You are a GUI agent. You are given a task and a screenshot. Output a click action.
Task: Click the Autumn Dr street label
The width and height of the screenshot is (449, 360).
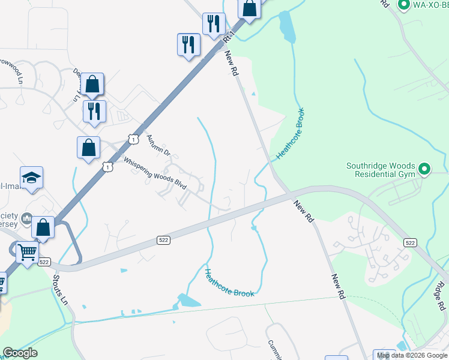158,144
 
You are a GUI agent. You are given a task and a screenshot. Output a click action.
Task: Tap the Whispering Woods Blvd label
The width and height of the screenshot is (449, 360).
155,173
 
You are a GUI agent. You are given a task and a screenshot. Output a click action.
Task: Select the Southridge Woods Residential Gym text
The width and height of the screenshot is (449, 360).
381,170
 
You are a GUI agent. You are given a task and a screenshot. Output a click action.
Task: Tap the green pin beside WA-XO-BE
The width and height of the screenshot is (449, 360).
403,5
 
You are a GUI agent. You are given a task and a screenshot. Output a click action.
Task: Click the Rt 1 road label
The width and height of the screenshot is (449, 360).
228,38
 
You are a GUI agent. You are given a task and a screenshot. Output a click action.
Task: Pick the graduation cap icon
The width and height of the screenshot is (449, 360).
31,178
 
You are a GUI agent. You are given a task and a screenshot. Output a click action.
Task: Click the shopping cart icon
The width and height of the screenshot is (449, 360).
27,253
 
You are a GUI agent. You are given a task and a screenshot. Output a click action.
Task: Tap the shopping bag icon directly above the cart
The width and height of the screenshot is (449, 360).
43,227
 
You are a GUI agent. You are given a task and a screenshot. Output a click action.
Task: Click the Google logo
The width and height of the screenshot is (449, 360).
20,353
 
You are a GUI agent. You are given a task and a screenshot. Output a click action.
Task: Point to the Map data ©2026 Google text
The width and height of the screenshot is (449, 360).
412,355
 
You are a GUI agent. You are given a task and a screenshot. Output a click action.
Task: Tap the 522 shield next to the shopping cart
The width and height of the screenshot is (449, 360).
44,262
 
